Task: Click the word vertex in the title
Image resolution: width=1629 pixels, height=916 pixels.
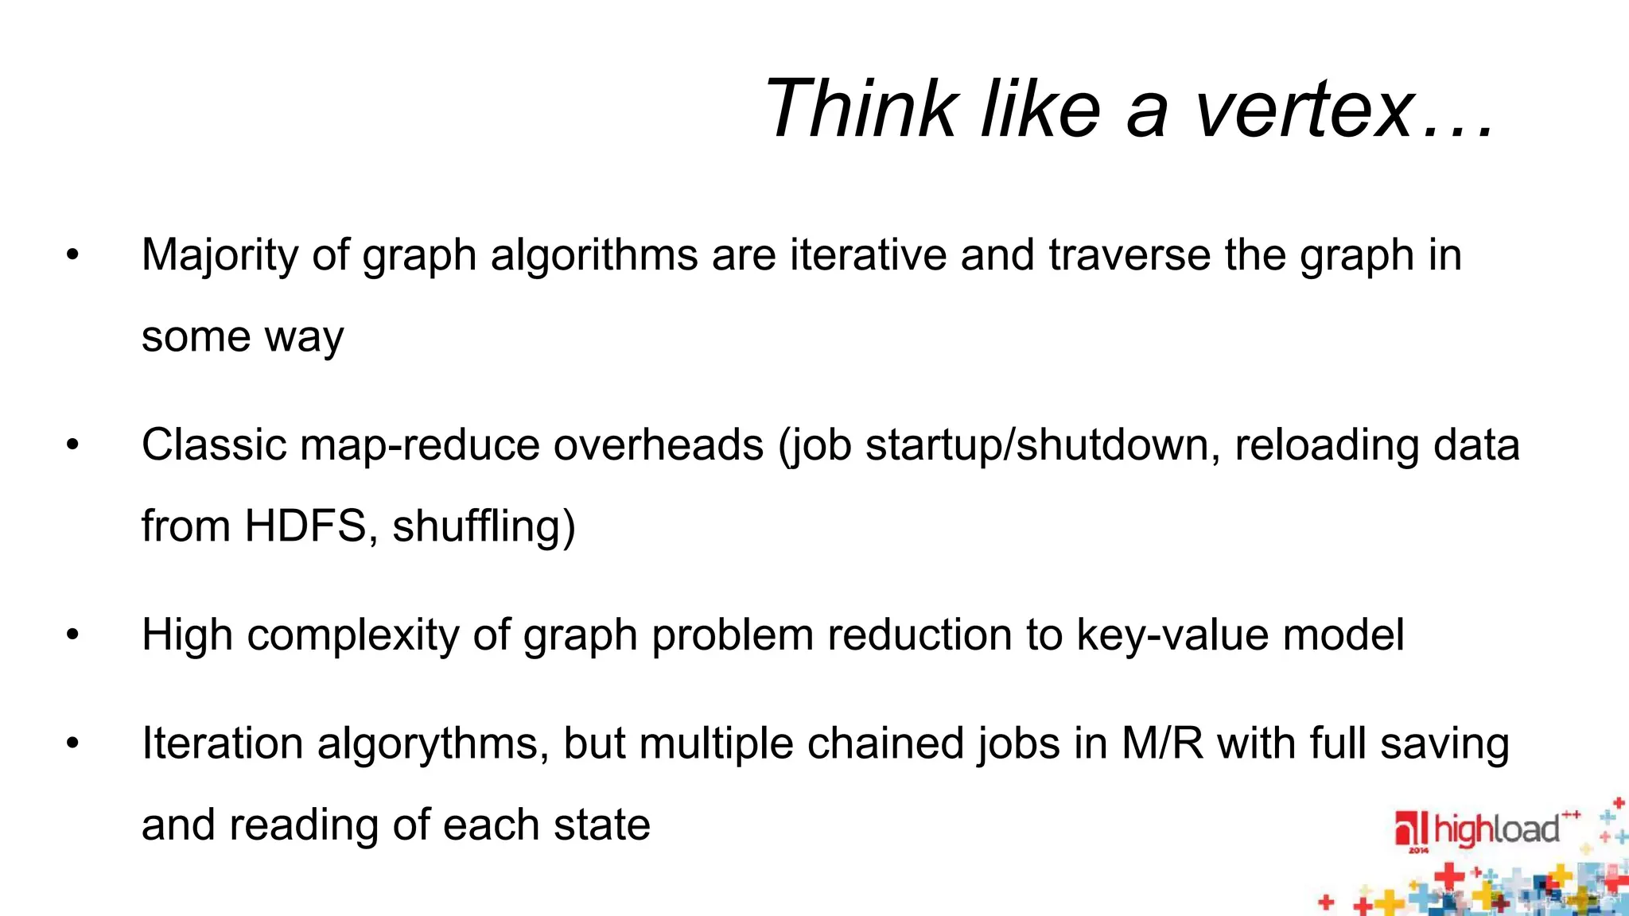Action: [x=1304, y=109]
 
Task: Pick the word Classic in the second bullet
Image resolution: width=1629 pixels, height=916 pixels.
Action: [x=214, y=444]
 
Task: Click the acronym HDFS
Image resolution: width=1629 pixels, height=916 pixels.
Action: [x=305, y=526]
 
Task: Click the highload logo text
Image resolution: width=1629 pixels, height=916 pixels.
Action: [x=1495, y=830]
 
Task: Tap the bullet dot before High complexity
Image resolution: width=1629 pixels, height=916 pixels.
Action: [x=73, y=635]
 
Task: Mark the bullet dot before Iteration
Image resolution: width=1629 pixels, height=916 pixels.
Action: [x=73, y=743]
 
